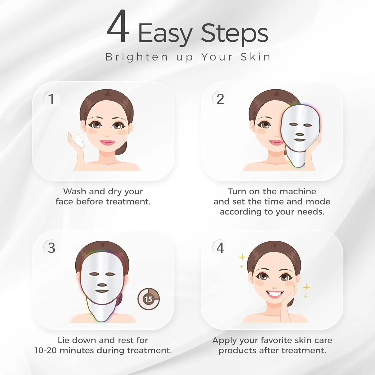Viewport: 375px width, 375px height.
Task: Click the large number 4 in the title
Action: [x=118, y=27]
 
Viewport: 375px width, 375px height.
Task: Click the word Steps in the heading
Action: [x=234, y=33]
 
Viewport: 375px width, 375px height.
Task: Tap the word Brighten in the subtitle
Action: [x=136, y=57]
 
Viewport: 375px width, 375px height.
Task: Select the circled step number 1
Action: [x=51, y=99]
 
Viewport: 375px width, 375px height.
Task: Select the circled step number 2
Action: [x=220, y=99]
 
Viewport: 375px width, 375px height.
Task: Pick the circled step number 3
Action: [x=51, y=248]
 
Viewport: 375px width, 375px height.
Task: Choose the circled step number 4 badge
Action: [x=220, y=248]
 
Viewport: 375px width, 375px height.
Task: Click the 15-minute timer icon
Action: [x=148, y=299]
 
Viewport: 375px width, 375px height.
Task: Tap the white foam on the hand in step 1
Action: [x=79, y=140]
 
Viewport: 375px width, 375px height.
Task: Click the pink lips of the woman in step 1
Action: [x=107, y=143]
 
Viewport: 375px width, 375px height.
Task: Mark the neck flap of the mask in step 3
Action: [x=101, y=312]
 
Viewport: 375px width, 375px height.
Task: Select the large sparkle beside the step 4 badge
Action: [x=242, y=257]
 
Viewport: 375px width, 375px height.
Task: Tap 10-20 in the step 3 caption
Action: [x=46, y=350]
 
